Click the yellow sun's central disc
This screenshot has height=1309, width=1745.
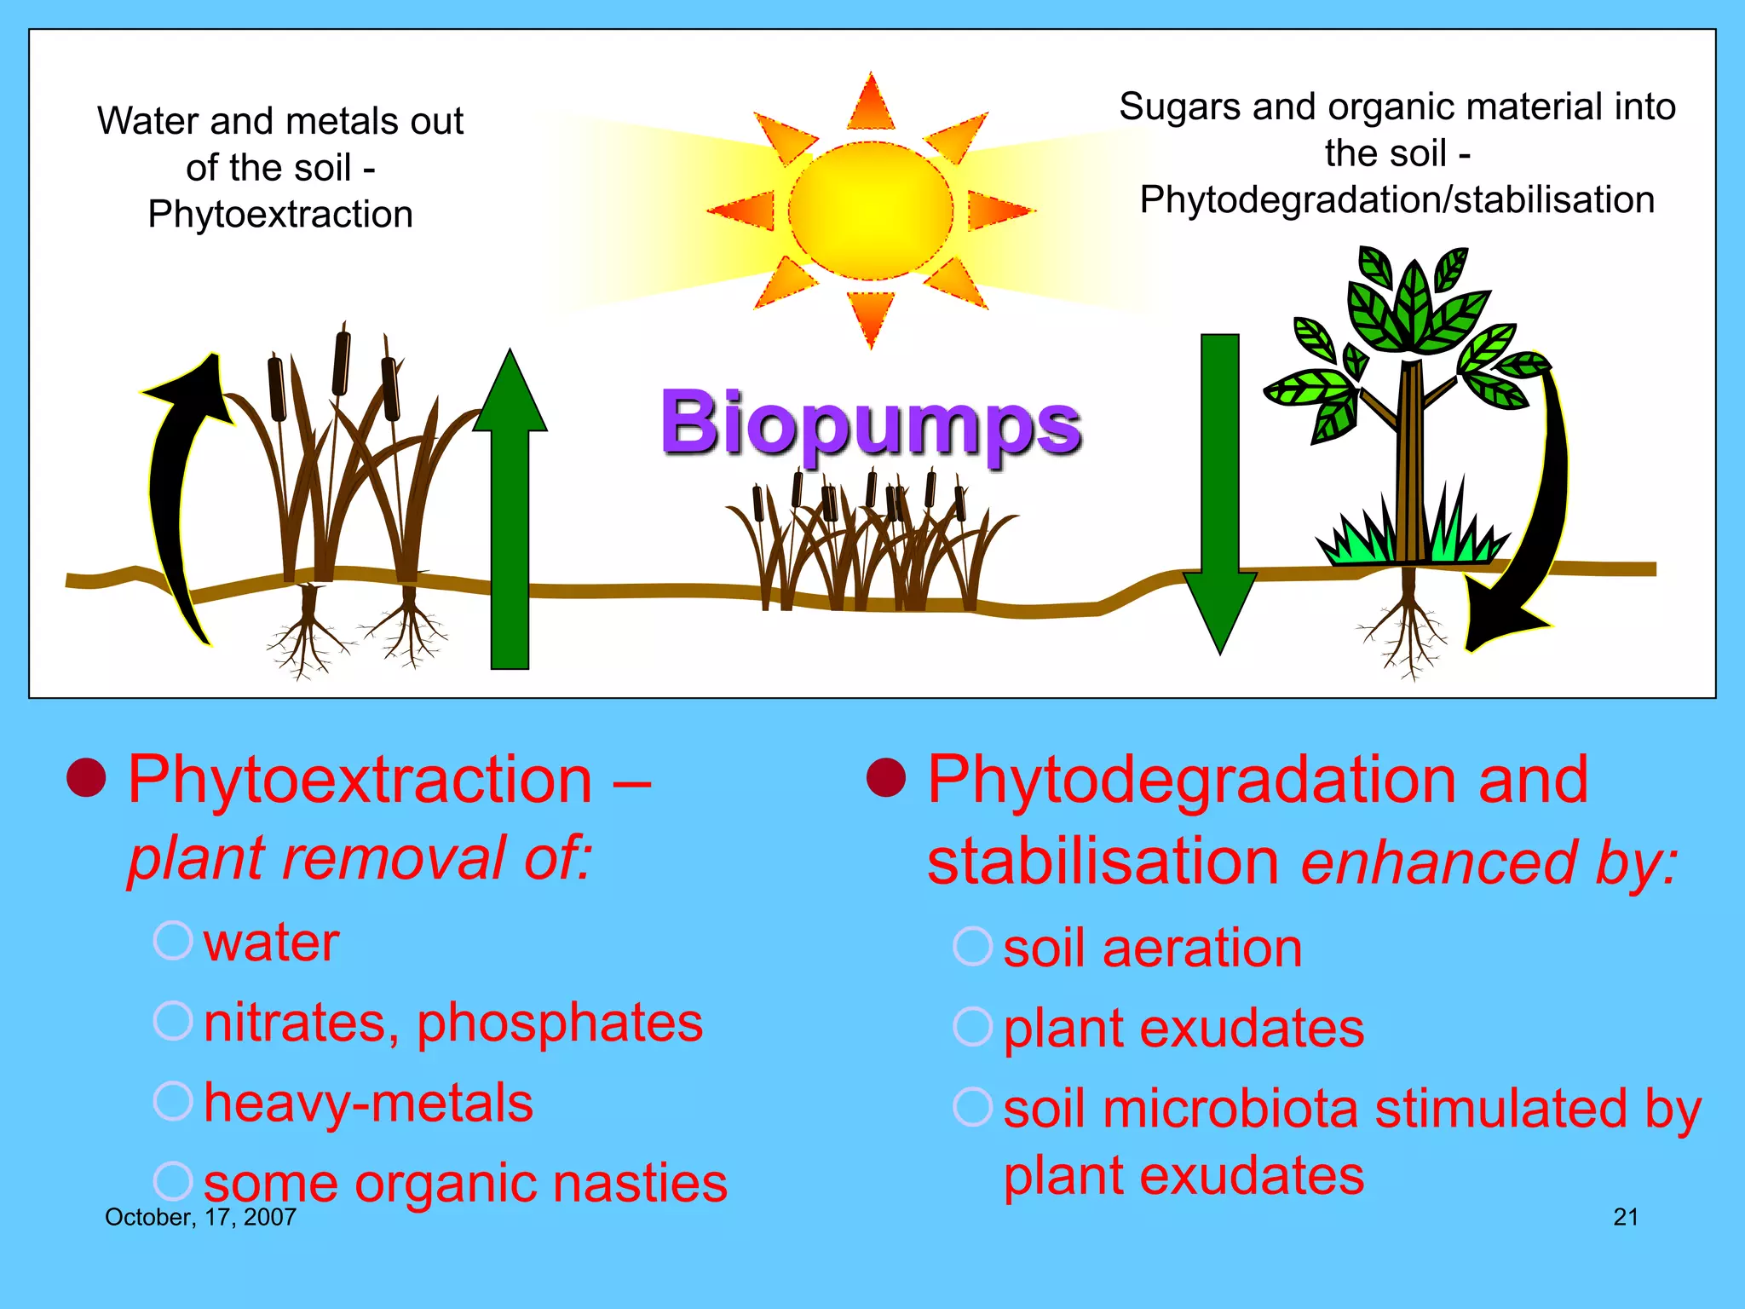pos(870,210)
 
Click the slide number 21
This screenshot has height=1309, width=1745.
pos(1626,1217)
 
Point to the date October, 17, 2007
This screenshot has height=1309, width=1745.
pos(200,1217)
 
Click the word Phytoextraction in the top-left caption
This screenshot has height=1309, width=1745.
pos(280,215)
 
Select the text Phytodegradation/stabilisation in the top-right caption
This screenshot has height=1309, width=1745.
pos(1397,200)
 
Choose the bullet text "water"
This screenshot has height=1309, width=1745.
pos(271,943)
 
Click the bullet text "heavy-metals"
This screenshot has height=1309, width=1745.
pos(368,1103)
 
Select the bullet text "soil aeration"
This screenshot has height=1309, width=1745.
pos(1153,948)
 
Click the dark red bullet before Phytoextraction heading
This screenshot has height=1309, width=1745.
pos(86,777)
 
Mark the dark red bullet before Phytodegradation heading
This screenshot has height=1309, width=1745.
pos(886,777)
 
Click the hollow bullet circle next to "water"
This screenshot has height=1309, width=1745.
pos(173,941)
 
